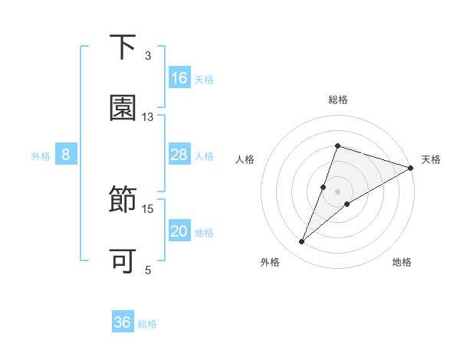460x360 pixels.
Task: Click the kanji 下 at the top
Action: point(123,47)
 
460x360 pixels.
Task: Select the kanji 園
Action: point(123,108)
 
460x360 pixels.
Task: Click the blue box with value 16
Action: point(179,78)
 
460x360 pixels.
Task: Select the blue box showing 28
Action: point(179,155)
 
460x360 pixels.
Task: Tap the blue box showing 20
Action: point(179,232)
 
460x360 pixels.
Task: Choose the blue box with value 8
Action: point(66,155)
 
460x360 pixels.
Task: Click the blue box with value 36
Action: point(123,322)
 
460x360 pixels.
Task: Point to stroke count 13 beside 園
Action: point(148,117)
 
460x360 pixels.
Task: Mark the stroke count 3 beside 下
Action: point(148,56)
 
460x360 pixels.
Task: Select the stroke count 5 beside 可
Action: point(148,270)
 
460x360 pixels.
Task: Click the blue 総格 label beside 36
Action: point(147,324)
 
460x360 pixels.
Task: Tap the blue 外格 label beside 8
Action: point(41,156)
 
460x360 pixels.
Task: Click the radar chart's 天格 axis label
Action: point(431,159)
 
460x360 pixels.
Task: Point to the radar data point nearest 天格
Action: point(411,168)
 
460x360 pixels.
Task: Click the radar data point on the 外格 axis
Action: point(302,242)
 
